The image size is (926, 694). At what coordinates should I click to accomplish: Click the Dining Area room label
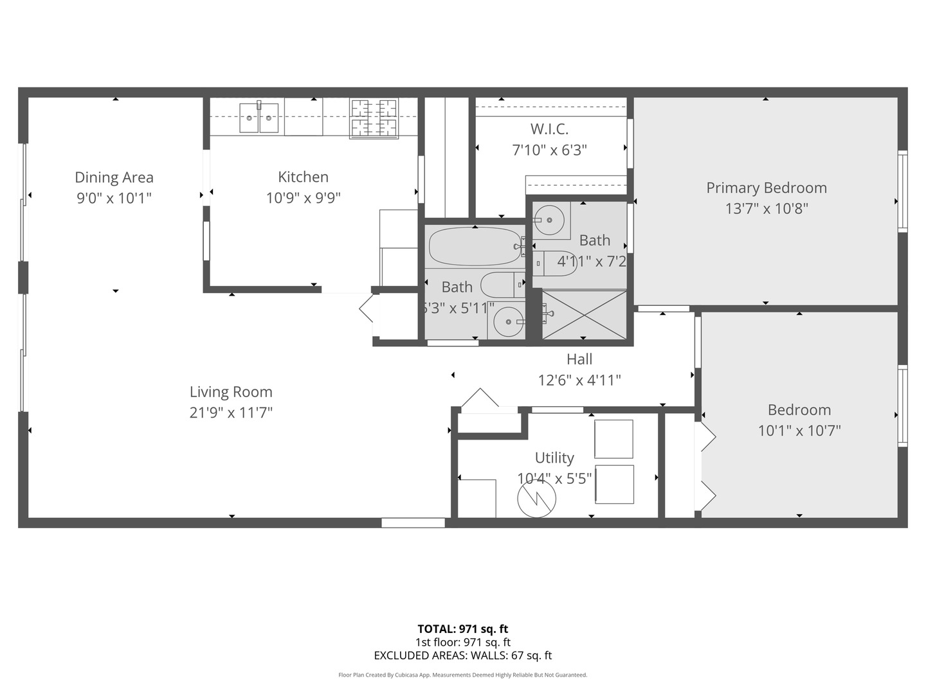[114, 177]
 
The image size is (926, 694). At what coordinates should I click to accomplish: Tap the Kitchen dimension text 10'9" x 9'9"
[303, 198]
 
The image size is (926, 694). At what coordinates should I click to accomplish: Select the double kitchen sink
[259, 118]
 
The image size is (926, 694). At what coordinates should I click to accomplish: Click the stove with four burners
[374, 118]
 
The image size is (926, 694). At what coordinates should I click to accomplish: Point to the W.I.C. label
[549, 129]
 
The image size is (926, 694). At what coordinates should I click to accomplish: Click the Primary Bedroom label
[767, 188]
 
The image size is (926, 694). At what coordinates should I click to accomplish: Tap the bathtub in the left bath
[475, 246]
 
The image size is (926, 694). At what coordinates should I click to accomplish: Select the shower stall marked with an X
[584, 314]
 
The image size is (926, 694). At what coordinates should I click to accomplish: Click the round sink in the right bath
[550, 220]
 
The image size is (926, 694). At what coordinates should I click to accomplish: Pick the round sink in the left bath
[508, 321]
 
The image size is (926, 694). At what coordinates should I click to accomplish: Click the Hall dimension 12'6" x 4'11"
[579, 380]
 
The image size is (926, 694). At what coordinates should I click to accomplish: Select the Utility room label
[554, 458]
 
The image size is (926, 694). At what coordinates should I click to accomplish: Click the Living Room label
[231, 392]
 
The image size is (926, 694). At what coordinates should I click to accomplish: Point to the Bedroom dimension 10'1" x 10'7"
[799, 431]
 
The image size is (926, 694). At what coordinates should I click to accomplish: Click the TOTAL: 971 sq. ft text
[463, 629]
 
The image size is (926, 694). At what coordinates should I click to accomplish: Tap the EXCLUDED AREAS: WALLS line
[463, 655]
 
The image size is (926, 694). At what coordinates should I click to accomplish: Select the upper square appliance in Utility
[613, 439]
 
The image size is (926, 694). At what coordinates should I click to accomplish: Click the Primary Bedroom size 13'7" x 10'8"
[767, 208]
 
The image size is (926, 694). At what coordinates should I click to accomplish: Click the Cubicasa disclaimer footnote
[463, 675]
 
